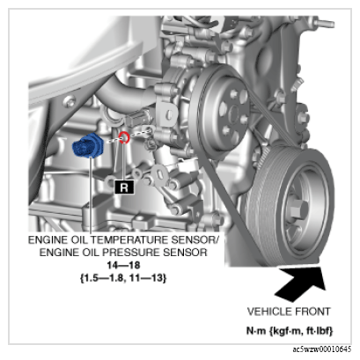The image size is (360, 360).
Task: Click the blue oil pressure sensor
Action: coord(87,145)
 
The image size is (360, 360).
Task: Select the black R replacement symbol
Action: coord(124,187)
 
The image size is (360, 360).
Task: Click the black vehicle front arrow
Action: coord(299,282)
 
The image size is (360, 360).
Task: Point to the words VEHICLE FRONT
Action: coord(289,312)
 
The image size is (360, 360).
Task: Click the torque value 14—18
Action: coord(123,265)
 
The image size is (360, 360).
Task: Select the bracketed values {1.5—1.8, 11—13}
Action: coord(123,277)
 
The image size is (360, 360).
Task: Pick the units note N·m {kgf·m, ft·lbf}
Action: coord(290,331)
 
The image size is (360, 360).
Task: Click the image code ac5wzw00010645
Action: coord(321,349)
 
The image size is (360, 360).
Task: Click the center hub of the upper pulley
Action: coord(234,113)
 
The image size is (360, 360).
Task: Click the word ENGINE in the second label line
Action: coord(54,253)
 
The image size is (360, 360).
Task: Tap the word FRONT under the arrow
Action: coord(312,312)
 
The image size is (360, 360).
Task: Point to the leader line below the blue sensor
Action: coord(92,196)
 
